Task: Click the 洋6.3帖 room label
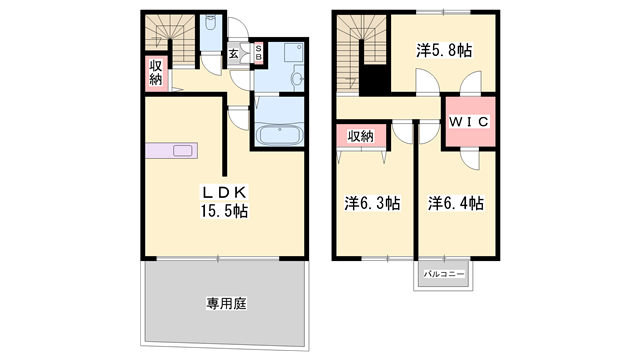tap(372, 203)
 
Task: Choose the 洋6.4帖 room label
tap(456, 203)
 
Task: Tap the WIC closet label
tap(469, 122)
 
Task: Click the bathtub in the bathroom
tap(279, 135)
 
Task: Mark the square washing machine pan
tap(294, 52)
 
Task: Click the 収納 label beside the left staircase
tap(157, 73)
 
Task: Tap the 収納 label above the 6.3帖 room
tap(361, 137)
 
